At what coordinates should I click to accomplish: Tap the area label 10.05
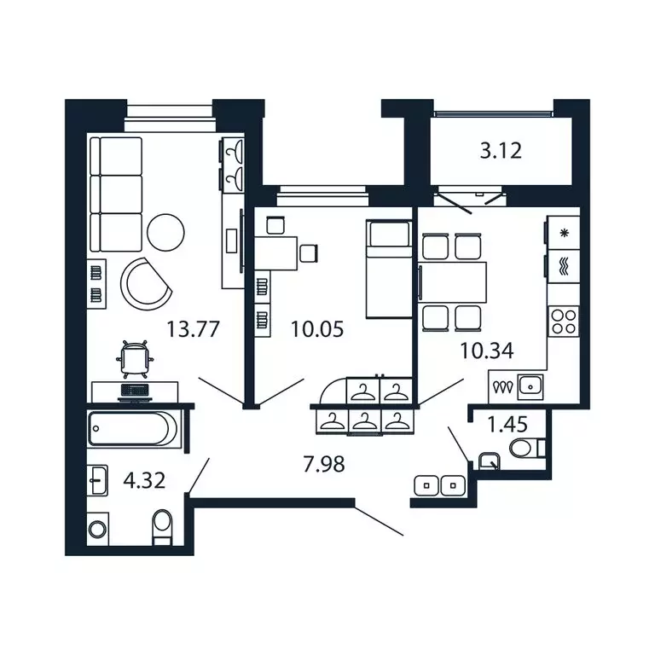[317, 329]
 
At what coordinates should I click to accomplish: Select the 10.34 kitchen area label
[458, 350]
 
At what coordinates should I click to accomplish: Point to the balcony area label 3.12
[500, 152]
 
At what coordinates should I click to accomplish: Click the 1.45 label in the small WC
[507, 422]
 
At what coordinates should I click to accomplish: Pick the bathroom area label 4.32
[142, 480]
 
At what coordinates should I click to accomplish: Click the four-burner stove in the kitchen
[563, 322]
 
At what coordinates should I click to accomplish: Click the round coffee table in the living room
[165, 233]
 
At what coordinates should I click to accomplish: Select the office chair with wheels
[135, 357]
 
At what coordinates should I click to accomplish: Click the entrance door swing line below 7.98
[378, 522]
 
